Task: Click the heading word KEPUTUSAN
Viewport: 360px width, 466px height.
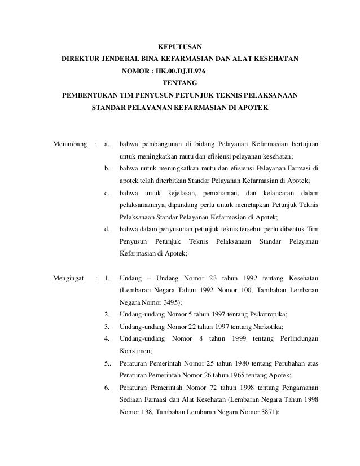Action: coord(179,46)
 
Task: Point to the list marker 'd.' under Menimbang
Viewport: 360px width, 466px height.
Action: coord(107,229)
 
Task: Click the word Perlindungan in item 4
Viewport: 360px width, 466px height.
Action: coord(295,338)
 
